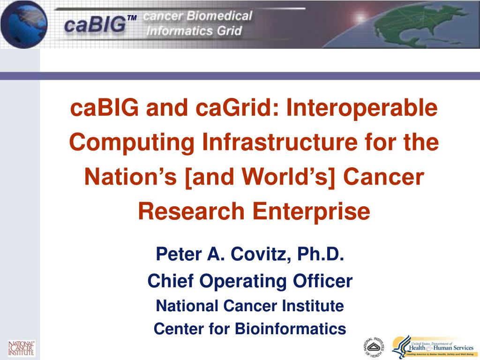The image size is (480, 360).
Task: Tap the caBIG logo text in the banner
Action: pos(95,24)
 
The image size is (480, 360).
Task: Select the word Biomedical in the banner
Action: pos(220,16)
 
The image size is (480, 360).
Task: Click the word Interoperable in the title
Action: pos(362,108)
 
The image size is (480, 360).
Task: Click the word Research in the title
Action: pos(193,211)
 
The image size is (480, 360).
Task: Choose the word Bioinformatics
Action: pos(291,329)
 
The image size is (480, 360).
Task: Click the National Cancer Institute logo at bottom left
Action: pos(21,348)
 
